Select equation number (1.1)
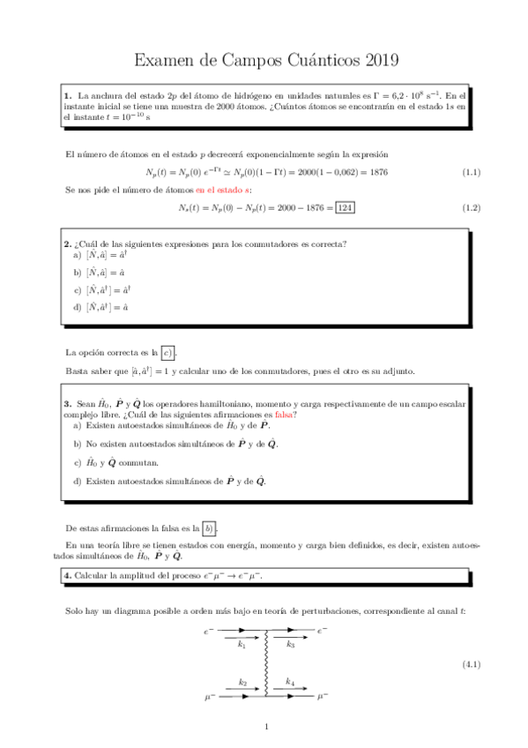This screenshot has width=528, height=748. point(471,171)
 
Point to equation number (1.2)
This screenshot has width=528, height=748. point(471,207)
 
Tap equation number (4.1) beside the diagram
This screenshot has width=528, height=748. point(471,663)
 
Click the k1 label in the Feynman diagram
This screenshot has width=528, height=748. point(242,645)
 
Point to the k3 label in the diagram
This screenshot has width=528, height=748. point(291,645)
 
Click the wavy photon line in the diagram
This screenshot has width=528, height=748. point(266,663)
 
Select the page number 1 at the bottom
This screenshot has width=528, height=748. point(265,727)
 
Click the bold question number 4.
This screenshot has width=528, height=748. point(67,576)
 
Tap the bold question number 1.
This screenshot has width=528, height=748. point(67,94)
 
